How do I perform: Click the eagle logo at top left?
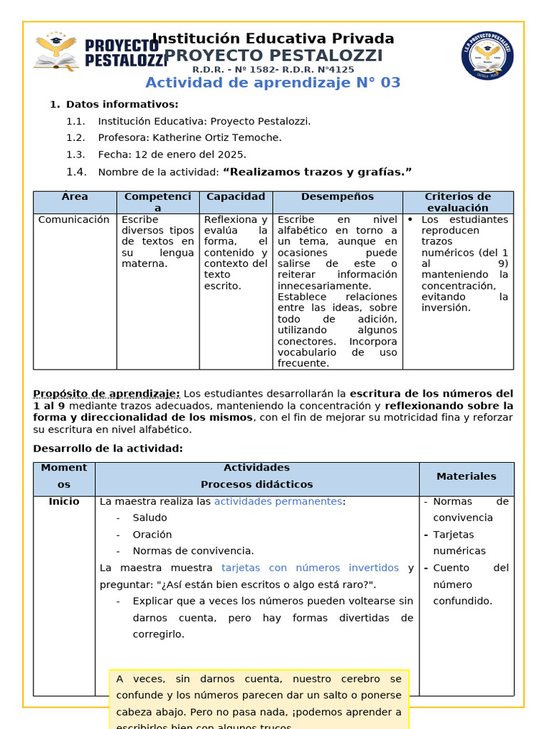point(56,51)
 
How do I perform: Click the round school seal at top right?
point(487,56)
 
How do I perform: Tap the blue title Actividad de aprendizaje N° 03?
point(273,83)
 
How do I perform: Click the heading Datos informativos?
point(122,105)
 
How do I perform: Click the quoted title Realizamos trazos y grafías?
point(317,172)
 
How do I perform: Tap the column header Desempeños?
point(337,196)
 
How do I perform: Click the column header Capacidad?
point(236,196)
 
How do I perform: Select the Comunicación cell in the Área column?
point(74,220)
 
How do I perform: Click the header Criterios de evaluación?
point(457,202)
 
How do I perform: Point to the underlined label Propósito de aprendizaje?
point(107,394)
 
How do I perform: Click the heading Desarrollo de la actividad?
point(108,449)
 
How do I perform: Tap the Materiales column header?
point(466,476)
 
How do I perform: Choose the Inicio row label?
point(64,502)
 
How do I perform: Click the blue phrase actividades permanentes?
point(278,502)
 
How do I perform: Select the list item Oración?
point(152,535)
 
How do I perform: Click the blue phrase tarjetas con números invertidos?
point(310,568)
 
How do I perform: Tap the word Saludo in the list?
point(150,518)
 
